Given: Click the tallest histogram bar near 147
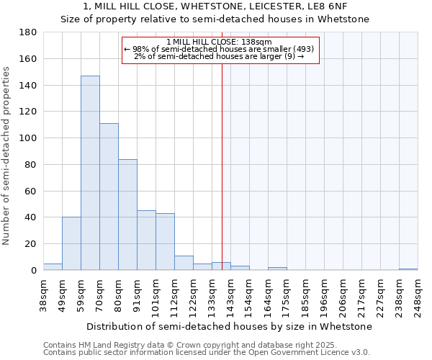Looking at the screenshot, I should pos(90,173).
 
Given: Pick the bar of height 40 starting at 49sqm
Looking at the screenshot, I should pos(71,243).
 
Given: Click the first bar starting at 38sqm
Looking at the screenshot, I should pos(53,267).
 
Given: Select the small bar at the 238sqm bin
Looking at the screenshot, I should pos(408,269).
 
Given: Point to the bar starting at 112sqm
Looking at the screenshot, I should pos(184,263).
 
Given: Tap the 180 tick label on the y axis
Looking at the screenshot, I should pos(28,32).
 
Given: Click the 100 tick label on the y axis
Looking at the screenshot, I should pos(28,138).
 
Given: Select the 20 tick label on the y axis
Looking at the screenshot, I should pos(31,244).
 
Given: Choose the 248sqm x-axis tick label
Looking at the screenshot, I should pos(418,296).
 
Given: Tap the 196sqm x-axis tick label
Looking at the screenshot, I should pos(325,296).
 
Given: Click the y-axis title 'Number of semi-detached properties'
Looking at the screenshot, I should pos(6,155).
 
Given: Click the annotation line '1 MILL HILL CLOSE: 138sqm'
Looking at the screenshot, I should pos(219,42).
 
